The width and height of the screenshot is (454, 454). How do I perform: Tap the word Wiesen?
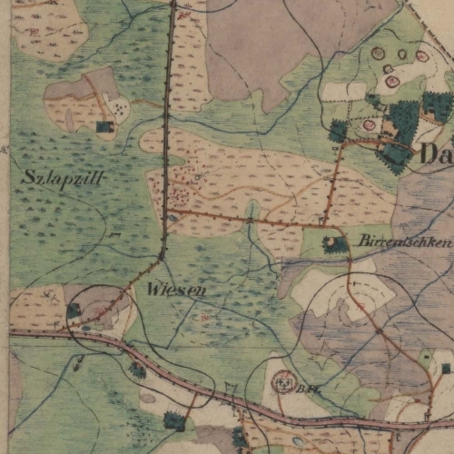coord(174,290)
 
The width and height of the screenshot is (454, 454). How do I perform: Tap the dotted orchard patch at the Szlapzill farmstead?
coord(121,110)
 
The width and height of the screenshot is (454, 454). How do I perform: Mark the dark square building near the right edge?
coord(445,368)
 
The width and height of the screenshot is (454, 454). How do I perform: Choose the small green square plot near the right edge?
coord(425,360)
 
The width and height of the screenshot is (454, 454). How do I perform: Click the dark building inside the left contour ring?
coord(74,311)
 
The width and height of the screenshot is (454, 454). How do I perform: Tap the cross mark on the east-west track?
coord(251,219)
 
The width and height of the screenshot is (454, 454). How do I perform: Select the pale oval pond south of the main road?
coord(147,398)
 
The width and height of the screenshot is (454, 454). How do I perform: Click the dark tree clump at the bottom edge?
coord(173,420)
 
